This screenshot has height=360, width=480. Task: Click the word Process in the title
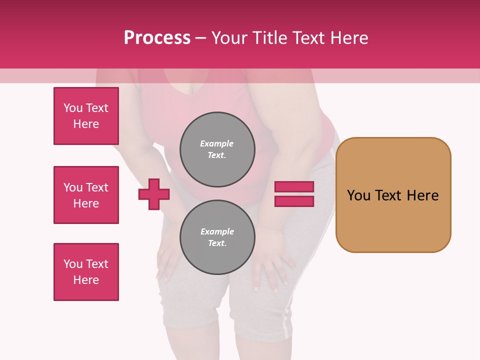157,38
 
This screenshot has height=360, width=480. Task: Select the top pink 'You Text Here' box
86,116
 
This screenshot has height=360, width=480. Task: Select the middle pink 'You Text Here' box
86,195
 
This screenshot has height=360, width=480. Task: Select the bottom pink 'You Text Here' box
86,272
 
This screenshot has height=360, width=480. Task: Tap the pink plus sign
154,194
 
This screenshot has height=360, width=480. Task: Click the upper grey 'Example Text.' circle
217,149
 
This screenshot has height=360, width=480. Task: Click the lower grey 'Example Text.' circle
217,237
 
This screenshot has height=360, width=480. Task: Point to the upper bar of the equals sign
294,187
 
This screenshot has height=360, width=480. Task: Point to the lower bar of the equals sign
294,201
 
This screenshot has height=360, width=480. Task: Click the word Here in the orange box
422,195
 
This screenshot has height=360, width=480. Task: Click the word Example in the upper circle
217,144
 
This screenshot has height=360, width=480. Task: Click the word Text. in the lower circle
217,243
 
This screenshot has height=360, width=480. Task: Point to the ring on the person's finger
161,251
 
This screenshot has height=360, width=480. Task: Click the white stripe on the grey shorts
286,320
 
